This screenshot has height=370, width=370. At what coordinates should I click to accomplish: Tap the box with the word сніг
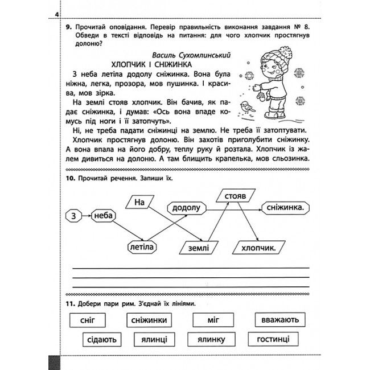coord(88,320)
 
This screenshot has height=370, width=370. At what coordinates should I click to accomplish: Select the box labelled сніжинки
coord(149,320)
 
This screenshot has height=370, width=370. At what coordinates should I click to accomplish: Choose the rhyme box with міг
coord(213,320)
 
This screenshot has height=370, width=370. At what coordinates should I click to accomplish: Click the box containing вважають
coord(280,320)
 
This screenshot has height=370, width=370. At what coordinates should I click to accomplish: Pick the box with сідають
coord(102,340)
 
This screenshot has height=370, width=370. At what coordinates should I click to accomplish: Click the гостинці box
coord(273,339)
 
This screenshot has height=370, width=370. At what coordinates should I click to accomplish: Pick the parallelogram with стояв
coord(235,195)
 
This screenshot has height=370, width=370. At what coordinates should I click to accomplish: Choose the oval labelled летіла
coord(141,247)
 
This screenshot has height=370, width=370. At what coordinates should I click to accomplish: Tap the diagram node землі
coord(197,248)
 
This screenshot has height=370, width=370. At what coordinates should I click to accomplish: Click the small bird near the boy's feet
coord(246,106)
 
